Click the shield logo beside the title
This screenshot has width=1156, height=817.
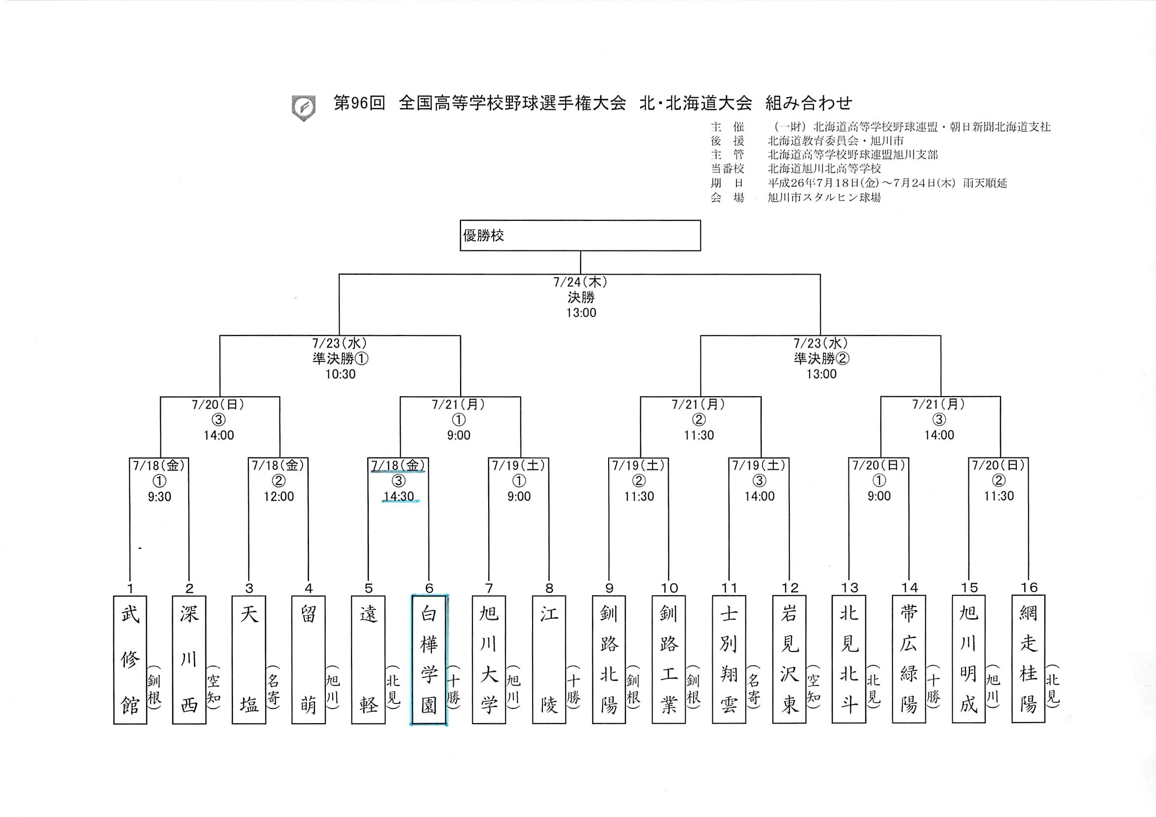[304, 108]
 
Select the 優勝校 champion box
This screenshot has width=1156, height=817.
[580, 235]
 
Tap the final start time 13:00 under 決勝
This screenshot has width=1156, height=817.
[581, 313]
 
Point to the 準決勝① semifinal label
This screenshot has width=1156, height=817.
[341, 359]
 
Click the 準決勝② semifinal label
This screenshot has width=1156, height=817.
[821, 359]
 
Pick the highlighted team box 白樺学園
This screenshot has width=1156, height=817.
[429, 660]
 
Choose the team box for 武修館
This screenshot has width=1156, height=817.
[130, 660]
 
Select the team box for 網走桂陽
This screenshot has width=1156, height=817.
[1028, 659]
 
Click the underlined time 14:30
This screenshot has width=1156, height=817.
[398, 496]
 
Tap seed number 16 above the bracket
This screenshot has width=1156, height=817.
[1029, 587]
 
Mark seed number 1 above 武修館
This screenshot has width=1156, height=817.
[130, 588]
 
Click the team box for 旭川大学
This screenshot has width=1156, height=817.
[489, 660]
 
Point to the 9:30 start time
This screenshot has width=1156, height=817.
[159, 496]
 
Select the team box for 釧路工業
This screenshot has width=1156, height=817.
[669, 659]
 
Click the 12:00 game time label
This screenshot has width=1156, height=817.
[279, 496]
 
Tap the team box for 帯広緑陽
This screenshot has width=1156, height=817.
[909, 659]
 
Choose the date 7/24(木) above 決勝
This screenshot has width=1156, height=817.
[581, 282]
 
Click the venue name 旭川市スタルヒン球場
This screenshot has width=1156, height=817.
[824, 198]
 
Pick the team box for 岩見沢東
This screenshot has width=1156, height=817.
[789, 659]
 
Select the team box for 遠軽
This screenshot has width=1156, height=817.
[369, 660]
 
